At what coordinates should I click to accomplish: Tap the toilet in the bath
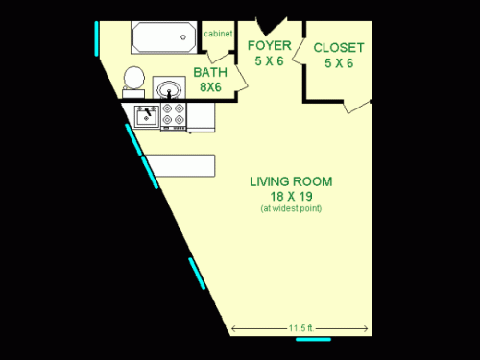point(133,81)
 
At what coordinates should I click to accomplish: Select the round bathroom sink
point(170,90)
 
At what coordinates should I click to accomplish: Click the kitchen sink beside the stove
point(146,116)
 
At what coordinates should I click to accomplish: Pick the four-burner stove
point(173,116)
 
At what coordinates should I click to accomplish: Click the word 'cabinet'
point(217,34)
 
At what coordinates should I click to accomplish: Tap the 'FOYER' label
point(269,45)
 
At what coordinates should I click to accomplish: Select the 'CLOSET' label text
point(338,46)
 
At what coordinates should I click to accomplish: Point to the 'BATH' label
point(210,72)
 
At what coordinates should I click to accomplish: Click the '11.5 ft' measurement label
point(300,327)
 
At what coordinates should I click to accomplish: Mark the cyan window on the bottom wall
point(313,338)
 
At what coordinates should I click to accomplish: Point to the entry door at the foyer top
point(275,22)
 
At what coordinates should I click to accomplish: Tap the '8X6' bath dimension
point(210,86)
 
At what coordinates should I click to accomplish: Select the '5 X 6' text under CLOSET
point(338,62)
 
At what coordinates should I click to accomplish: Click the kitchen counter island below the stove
point(182,164)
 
